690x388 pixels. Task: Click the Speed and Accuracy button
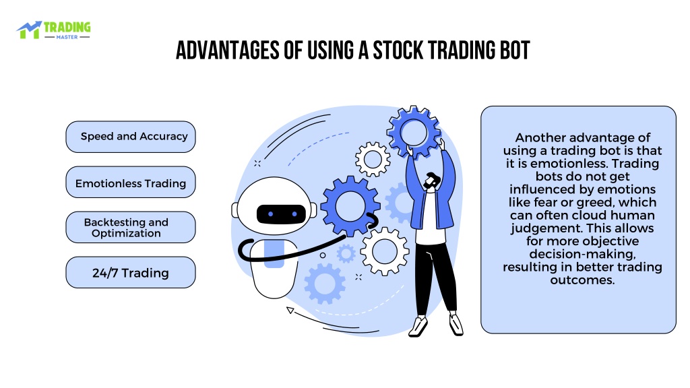[131, 137]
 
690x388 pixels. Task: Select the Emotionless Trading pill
[131, 182]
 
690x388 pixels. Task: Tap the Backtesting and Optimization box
[131, 228]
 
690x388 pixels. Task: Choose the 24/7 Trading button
[131, 273]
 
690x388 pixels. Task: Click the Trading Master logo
[54, 30]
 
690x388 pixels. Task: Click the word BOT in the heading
[515, 50]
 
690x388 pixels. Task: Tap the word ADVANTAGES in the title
[228, 50]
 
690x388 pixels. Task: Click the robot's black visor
[281, 214]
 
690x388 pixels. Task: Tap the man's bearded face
[431, 181]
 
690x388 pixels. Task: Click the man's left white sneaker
[418, 327]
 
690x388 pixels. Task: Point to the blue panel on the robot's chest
[274, 254]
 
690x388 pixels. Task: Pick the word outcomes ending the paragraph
[582, 280]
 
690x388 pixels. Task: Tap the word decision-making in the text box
[582, 254]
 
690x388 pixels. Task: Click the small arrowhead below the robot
[290, 310]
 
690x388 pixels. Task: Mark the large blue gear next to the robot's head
[350, 206]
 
